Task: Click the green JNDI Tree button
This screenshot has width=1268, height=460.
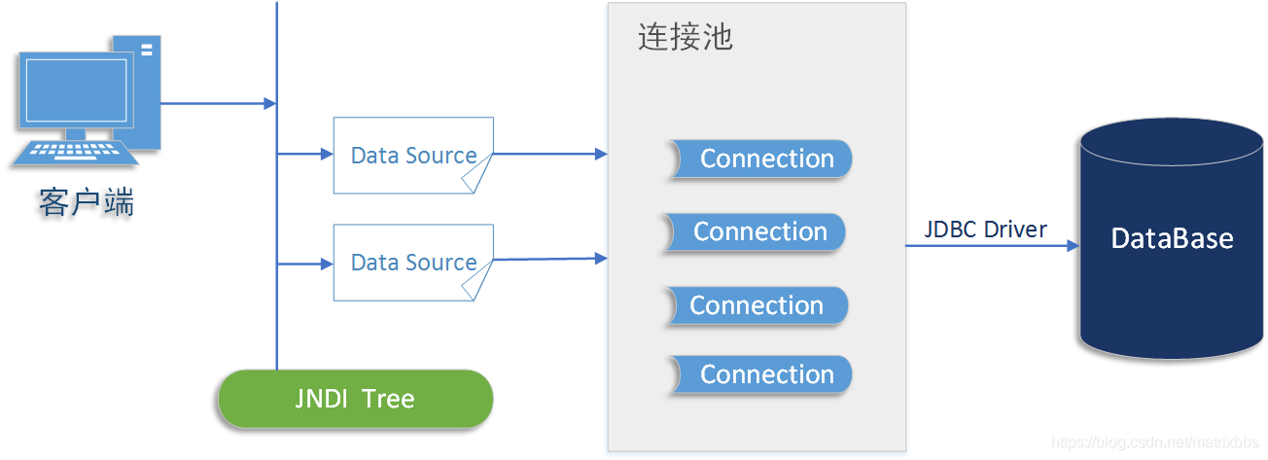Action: point(355,399)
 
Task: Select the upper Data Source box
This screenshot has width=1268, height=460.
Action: point(412,155)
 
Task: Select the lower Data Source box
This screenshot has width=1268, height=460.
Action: point(412,262)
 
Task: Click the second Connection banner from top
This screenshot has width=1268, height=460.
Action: point(755,232)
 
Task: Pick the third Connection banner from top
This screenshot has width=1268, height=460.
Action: point(757,305)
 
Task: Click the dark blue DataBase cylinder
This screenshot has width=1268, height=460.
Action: point(1172,239)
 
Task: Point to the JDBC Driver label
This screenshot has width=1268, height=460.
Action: point(985,230)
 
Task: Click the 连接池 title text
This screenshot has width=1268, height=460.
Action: point(685,38)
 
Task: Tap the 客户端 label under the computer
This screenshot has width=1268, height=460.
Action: point(87,203)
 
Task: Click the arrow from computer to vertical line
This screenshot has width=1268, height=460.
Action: point(219,103)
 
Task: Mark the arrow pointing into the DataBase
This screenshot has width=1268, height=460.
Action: point(992,246)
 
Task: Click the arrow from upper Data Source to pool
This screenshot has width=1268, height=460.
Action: point(550,154)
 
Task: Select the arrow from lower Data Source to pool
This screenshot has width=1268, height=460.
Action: point(550,259)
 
